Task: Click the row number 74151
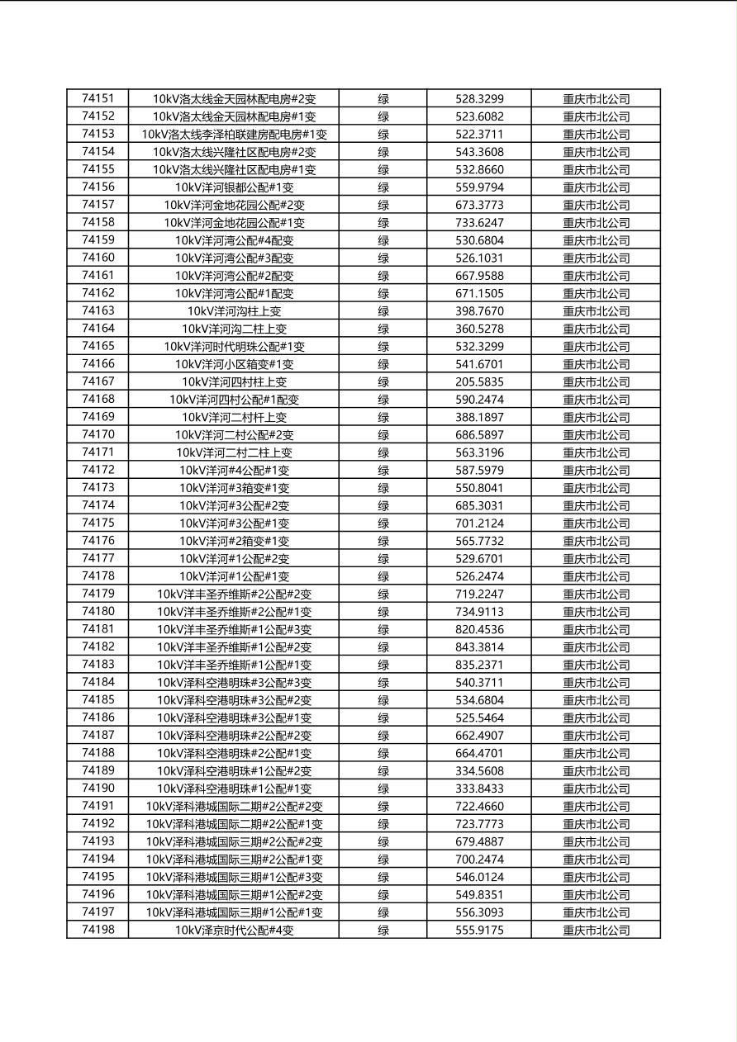coord(97,98)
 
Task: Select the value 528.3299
coord(479,99)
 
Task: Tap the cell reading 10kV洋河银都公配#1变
coord(234,187)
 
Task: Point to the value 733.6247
coord(479,223)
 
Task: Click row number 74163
coord(97,310)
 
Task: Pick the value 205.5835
coord(479,382)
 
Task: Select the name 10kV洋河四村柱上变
coord(234,382)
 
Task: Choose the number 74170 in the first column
coord(97,434)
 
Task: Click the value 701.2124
coord(479,523)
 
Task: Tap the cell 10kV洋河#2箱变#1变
coord(234,542)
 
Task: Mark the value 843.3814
coord(479,647)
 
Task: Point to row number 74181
coord(97,629)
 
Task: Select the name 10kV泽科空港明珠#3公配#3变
coord(234,683)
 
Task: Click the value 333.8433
coord(479,789)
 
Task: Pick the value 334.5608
coord(479,771)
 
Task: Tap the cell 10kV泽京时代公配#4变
coord(234,931)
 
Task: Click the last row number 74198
coord(97,930)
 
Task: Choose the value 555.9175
coord(479,931)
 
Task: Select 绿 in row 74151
coord(383,99)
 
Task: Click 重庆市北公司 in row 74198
coord(596,931)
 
